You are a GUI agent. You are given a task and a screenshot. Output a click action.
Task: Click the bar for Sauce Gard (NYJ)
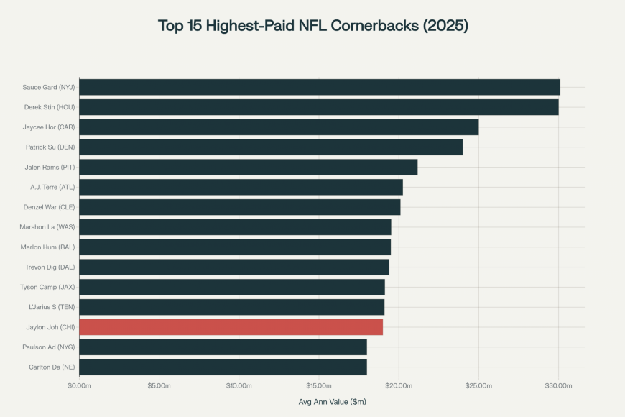319,87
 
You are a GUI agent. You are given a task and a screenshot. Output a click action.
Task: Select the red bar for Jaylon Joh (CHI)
231,327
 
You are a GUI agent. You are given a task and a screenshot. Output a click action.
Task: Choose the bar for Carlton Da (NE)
223,367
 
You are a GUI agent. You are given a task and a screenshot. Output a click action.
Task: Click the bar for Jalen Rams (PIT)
248,168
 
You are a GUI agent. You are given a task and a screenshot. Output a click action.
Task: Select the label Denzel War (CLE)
49,207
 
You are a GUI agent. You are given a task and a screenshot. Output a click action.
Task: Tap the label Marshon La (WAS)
47,227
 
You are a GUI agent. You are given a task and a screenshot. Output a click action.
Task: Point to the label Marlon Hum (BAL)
48,247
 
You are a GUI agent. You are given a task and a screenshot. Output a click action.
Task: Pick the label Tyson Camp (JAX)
47,287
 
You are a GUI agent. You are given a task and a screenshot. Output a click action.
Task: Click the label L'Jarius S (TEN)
48,307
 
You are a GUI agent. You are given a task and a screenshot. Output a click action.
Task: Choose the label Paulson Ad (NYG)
48,347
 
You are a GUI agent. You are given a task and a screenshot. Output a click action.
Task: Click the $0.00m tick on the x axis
79,386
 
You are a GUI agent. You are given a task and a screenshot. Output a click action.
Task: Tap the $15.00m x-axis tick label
318,386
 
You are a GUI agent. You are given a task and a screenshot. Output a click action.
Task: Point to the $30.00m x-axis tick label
558,386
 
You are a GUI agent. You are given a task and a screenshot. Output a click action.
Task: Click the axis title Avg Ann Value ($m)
332,402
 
